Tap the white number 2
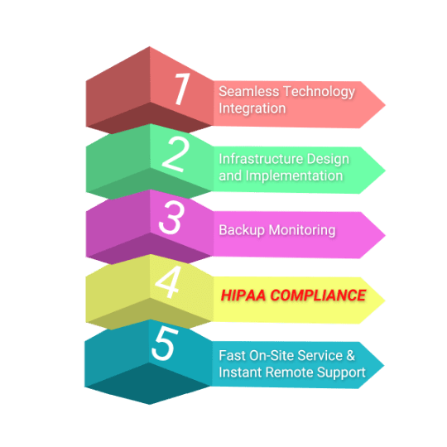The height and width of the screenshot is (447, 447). (175, 154)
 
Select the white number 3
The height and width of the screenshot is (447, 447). (171, 217)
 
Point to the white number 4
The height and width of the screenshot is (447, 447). (168, 282)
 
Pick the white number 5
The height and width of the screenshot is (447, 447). (165, 344)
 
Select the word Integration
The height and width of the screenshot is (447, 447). (252, 109)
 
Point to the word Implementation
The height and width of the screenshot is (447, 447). (294, 176)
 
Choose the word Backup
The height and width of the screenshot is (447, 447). (242, 230)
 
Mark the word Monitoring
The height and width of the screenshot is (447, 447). (302, 230)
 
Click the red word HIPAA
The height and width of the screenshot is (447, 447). (243, 296)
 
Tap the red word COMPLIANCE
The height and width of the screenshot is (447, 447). (318, 296)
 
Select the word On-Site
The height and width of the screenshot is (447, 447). (272, 356)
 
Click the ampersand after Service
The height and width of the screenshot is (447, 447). (351, 356)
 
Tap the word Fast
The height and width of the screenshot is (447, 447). (232, 356)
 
